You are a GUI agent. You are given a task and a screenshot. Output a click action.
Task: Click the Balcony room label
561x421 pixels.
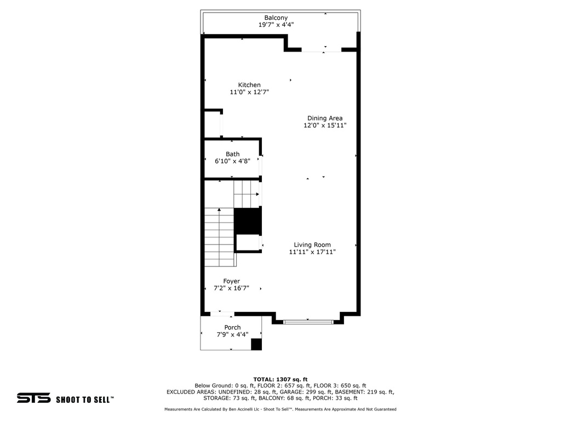click(x=276, y=18)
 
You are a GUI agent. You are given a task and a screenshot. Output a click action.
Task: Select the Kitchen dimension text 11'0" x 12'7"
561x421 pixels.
click(x=249, y=92)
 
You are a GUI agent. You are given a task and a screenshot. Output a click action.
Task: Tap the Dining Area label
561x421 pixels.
click(x=325, y=118)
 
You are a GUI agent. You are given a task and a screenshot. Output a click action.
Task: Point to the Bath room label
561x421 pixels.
click(x=232, y=154)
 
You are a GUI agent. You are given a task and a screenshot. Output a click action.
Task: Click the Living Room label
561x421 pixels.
click(x=312, y=245)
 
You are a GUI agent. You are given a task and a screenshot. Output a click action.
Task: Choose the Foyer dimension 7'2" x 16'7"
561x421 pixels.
click(x=231, y=288)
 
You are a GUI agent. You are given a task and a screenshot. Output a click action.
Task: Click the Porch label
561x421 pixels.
click(x=232, y=327)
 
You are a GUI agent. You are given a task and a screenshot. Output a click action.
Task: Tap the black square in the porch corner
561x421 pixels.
click(x=256, y=344)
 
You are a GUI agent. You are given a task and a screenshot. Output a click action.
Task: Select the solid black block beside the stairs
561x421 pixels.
click(x=248, y=221)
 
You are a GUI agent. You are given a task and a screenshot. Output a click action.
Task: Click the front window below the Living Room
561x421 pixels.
click(x=308, y=322)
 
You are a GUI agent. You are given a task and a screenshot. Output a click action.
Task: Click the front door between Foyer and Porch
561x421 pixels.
click(x=221, y=314)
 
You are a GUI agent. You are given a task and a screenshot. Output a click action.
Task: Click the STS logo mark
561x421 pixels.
click(x=33, y=398)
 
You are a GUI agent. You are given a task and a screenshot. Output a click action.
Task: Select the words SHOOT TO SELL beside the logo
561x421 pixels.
click(x=84, y=400)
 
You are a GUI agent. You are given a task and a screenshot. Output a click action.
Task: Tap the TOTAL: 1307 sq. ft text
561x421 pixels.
click(x=280, y=379)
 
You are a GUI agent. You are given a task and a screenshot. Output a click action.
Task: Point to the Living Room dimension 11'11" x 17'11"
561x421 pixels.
click(x=312, y=252)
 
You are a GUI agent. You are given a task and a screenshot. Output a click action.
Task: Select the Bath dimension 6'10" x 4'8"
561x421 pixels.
click(x=232, y=161)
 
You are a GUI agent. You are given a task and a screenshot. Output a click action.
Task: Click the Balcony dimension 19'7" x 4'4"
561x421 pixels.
click(x=276, y=25)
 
